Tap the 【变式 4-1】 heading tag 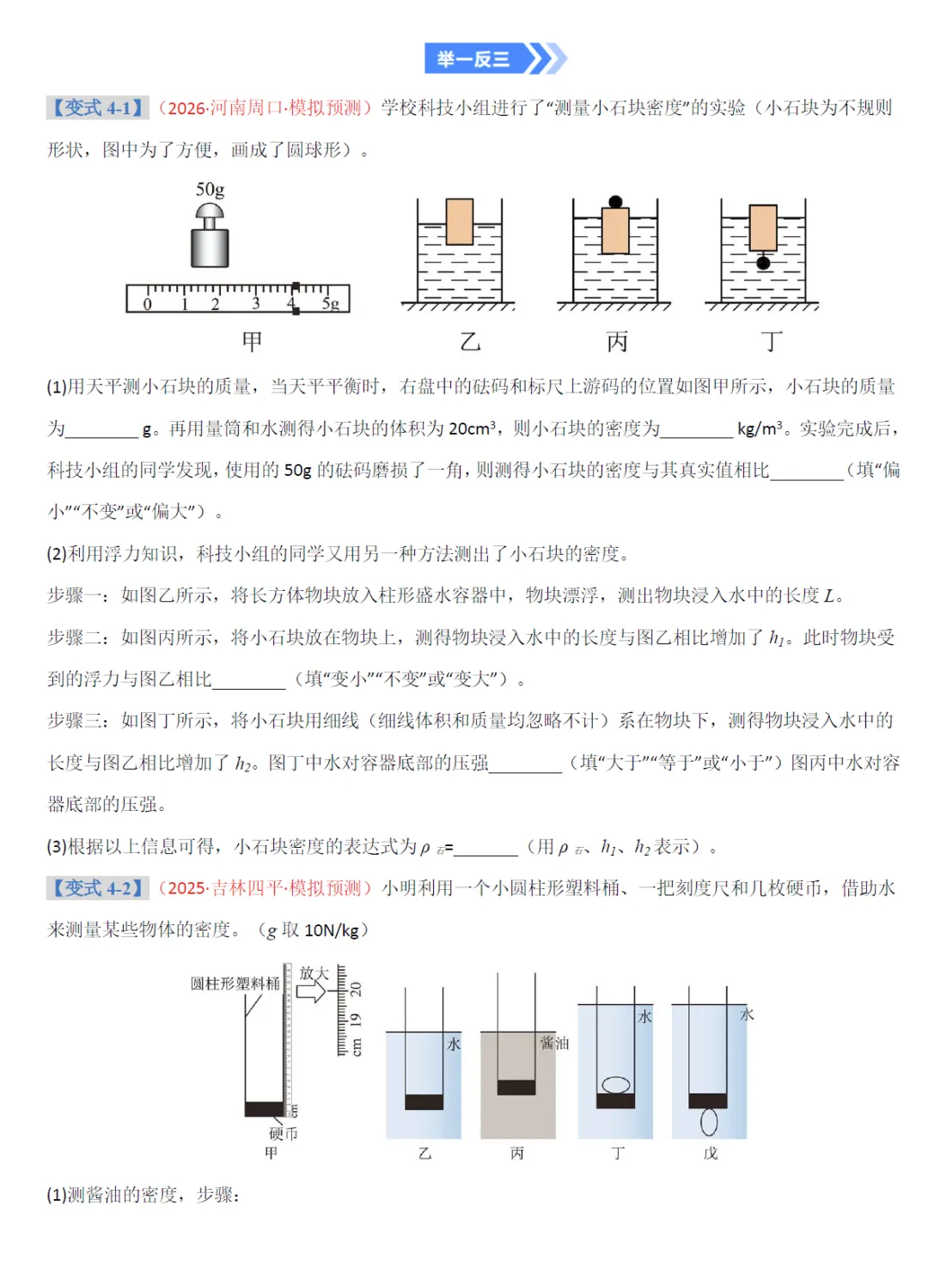(x=97, y=107)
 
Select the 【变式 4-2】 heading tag (x=97, y=887)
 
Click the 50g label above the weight (x=210, y=190)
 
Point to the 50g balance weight (x=210, y=240)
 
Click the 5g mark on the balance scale (x=331, y=303)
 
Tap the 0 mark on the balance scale (x=147, y=303)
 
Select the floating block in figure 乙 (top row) (x=460, y=222)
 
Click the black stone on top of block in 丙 (x=615, y=203)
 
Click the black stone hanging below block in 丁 (x=763, y=264)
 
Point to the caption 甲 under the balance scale (x=252, y=341)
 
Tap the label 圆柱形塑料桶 (x=235, y=984)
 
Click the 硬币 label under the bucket (x=283, y=1134)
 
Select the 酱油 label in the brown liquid (x=554, y=1043)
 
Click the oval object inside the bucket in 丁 (x=615, y=1085)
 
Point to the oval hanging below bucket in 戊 (x=709, y=1121)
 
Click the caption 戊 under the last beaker (x=710, y=1154)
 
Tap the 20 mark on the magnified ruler (x=355, y=989)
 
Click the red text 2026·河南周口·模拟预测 (x=265, y=107)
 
